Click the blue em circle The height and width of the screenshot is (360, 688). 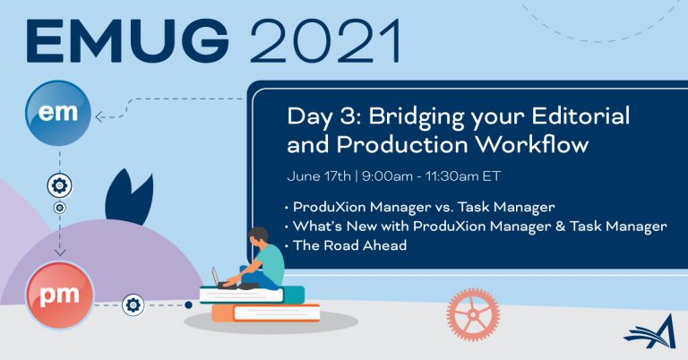click(58, 113)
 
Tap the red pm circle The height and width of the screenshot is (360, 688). click(60, 295)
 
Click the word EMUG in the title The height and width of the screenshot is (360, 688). click(127, 41)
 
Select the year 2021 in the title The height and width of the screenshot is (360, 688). click(325, 41)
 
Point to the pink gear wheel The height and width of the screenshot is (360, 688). click(473, 314)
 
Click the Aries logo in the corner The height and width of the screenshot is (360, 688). click(649, 331)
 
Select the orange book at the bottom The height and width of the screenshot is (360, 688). click(266, 313)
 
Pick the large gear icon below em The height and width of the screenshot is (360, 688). click(60, 185)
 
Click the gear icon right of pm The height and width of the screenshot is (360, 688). click(133, 304)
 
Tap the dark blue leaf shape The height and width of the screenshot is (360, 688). click(129, 196)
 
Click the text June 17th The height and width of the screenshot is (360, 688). click(319, 176)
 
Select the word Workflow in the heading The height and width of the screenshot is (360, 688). click(532, 145)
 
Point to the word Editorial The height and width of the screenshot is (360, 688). click(580, 116)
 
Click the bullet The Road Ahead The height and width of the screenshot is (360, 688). click(349, 245)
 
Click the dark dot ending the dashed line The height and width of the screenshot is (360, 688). click(188, 304)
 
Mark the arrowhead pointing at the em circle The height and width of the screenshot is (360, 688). click(99, 116)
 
